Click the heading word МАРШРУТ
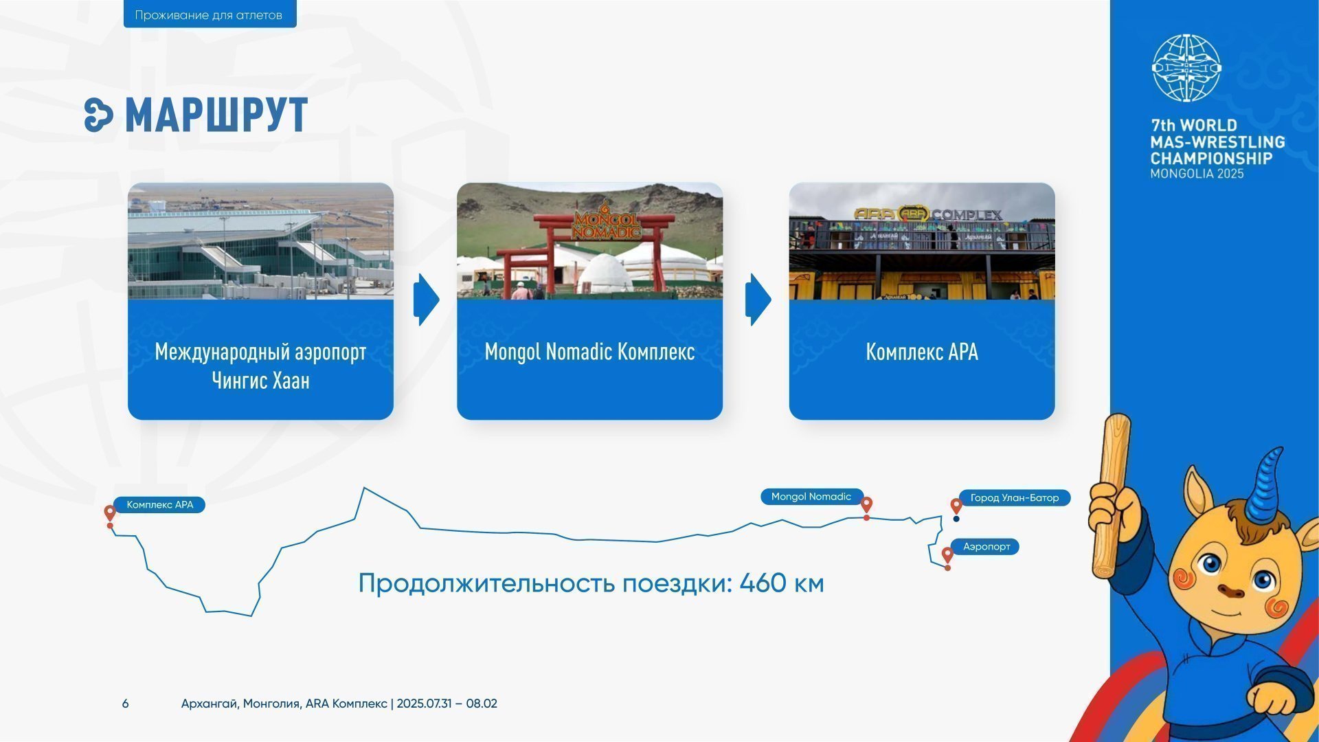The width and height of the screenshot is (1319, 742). pos(216,115)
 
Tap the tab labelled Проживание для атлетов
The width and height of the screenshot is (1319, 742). pos(210,14)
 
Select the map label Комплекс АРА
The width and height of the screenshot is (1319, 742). pos(160,505)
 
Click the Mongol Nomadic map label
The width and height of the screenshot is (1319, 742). pos(811,497)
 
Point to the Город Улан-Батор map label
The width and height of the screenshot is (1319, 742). pos(1015,497)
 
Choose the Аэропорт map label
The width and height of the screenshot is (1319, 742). pos(987,547)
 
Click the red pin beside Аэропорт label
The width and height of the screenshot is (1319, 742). pos(947,556)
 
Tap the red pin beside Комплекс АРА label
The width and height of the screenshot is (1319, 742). pos(110,515)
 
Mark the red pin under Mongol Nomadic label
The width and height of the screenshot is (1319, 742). pos(866,507)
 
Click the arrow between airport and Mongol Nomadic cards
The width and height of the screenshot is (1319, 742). pos(426,300)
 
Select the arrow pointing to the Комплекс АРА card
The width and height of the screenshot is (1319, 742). pos(758,300)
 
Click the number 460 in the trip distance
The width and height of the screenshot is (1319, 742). pos(763,583)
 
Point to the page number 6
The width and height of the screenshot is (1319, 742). pos(125,704)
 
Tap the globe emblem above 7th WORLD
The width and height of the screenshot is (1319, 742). pos(1186,68)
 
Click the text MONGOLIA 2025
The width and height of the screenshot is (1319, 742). pos(1197,174)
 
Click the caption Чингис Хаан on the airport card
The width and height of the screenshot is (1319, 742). pos(260,380)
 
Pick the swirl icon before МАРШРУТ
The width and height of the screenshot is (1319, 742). pos(98,115)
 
